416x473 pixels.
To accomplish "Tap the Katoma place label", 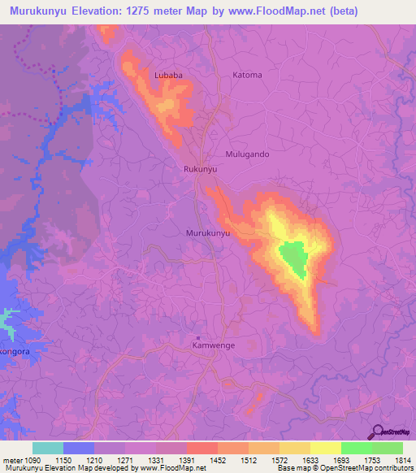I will point(248,75).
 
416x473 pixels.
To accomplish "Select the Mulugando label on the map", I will point(247,154).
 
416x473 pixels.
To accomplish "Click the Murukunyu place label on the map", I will point(209,232).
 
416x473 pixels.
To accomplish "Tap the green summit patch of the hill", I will point(293,258).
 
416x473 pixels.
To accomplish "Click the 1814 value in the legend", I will point(401,460).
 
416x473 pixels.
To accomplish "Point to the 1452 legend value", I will point(218,460).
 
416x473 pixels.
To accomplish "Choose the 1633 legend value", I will point(309,460).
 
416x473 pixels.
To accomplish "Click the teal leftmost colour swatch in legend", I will point(48,448).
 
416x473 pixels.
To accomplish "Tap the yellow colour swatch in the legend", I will point(325,448).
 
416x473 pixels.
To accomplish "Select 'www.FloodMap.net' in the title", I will point(250,11).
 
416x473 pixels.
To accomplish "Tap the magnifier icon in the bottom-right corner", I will point(376,431).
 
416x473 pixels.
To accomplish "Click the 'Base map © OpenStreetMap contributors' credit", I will point(344,468).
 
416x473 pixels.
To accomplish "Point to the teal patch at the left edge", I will point(7,322).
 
